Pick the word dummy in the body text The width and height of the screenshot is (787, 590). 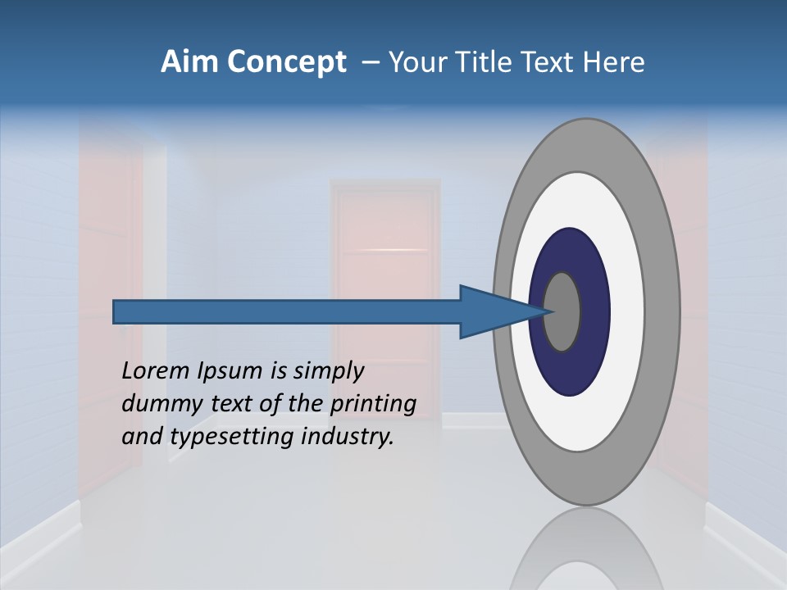[157, 404]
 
